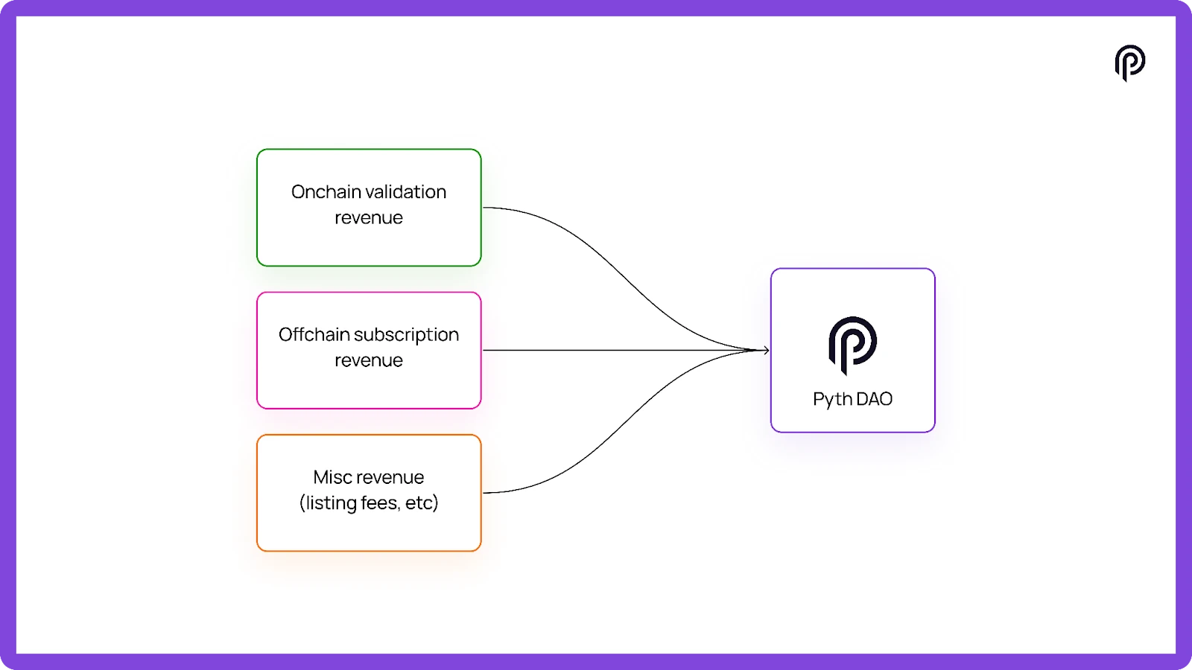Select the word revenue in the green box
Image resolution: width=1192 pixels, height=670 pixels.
(x=369, y=218)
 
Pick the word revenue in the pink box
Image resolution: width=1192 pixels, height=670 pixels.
(x=369, y=361)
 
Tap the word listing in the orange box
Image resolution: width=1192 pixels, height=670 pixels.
(x=331, y=504)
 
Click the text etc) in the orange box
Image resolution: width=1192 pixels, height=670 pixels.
(x=422, y=503)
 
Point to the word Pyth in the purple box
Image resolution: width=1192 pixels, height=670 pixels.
(x=832, y=400)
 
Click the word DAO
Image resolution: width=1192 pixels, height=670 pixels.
(x=875, y=399)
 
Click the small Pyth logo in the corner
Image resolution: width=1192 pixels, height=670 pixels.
(x=1129, y=63)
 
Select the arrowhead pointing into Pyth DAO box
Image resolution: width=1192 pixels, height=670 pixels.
(x=765, y=350)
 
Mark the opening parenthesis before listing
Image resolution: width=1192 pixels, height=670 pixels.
(x=302, y=504)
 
